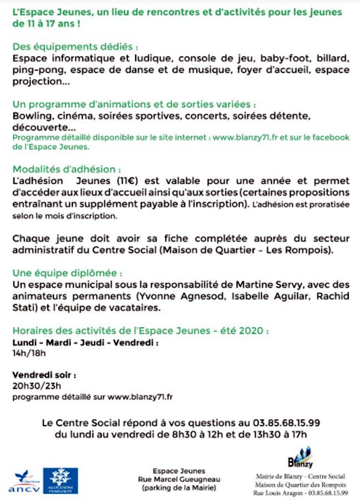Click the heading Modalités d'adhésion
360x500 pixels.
[67, 169]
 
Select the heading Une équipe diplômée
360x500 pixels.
[67, 273]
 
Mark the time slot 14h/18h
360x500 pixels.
[29, 353]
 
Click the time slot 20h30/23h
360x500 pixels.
[37, 385]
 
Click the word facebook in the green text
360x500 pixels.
[329, 138]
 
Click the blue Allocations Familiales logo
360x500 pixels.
[61, 480]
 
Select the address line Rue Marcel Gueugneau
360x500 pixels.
[179, 479]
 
